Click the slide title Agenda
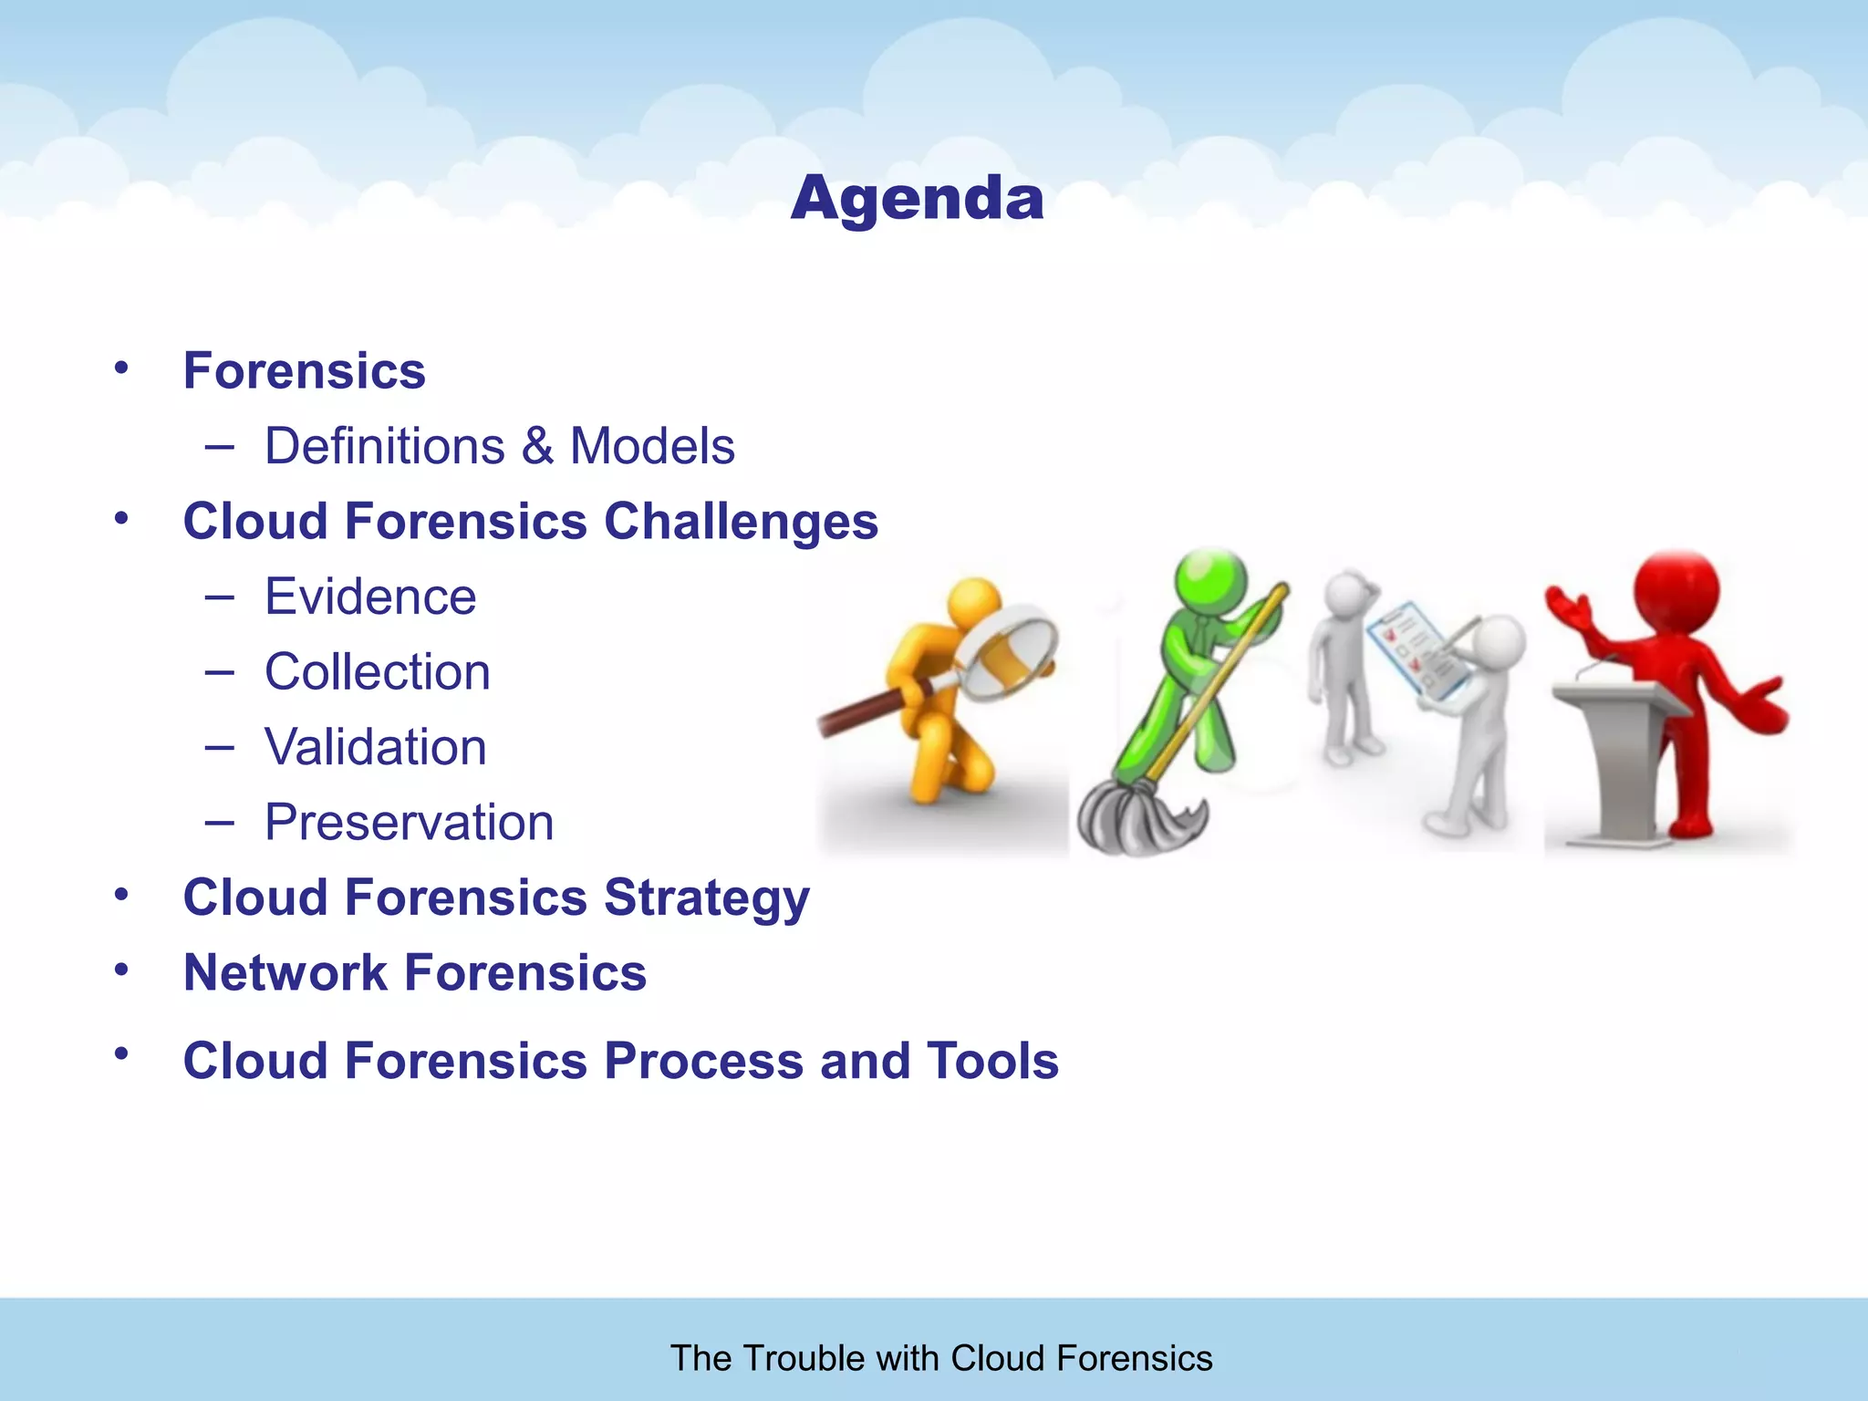click(917, 198)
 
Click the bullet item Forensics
click(304, 370)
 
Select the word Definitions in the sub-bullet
click(384, 446)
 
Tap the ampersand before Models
click(538, 446)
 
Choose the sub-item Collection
click(377, 672)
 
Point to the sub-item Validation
click(375, 747)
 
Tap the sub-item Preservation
click(409, 822)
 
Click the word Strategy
click(706, 898)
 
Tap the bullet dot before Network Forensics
click(121, 970)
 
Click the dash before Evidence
click(219, 597)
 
